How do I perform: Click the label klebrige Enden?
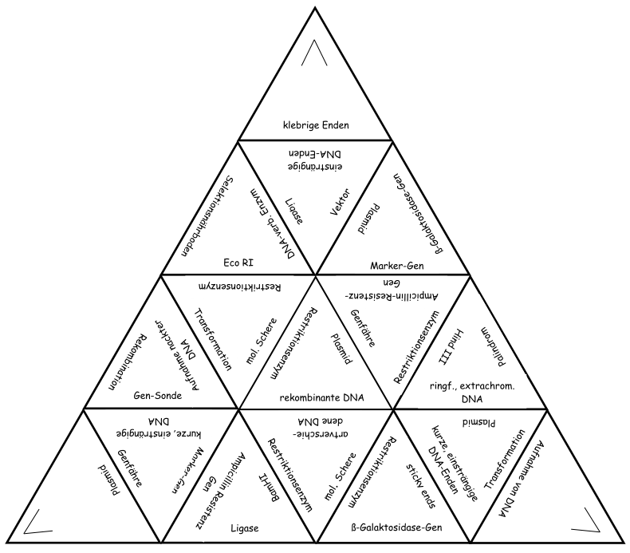point(317,125)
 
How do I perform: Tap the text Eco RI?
point(239,260)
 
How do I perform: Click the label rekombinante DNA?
point(317,396)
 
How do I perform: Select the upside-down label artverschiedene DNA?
point(317,427)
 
